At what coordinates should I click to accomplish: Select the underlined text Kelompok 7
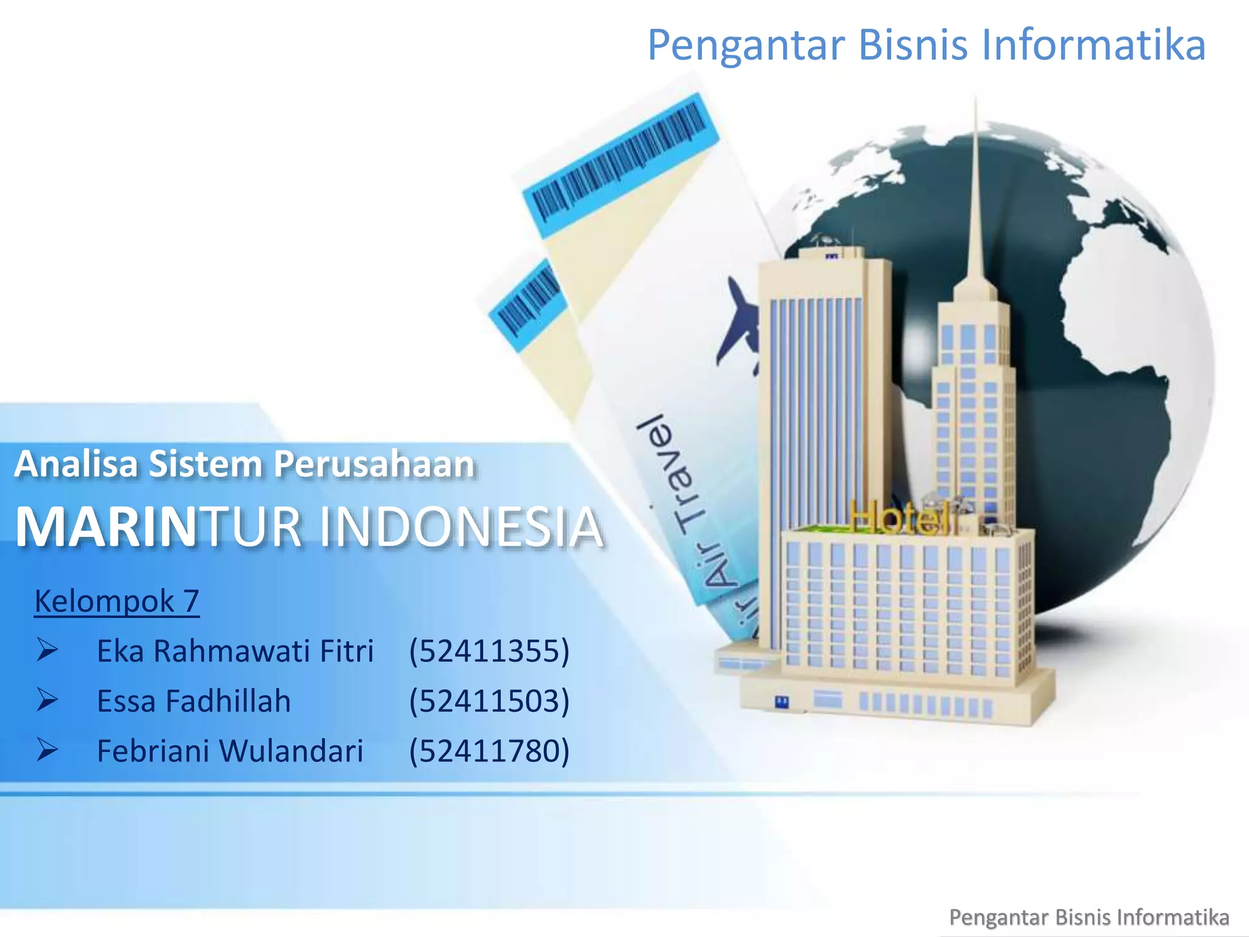(x=116, y=601)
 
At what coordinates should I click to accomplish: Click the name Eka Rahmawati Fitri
(x=235, y=651)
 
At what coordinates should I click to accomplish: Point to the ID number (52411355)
(x=489, y=651)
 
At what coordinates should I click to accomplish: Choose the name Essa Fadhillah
(x=193, y=701)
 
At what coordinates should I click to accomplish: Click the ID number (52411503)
(x=489, y=701)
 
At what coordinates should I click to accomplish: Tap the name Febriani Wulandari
(x=230, y=751)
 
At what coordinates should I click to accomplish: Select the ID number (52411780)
(x=489, y=751)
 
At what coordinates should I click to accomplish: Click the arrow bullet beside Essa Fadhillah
(x=47, y=700)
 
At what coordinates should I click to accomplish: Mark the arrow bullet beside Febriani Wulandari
(x=47, y=750)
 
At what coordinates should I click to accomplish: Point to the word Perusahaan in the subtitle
(x=373, y=464)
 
